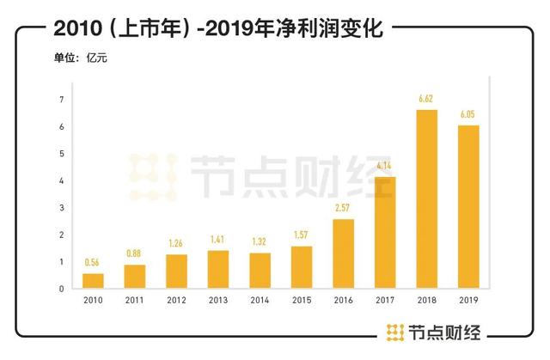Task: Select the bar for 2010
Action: click(94, 281)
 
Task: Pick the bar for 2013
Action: click(218, 269)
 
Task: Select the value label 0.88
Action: click(135, 254)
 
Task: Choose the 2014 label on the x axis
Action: click(260, 301)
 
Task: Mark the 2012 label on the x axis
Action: click(177, 301)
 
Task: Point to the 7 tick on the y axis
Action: click(62, 101)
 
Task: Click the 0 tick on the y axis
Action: click(62, 289)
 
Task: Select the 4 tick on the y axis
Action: click(62, 181)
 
